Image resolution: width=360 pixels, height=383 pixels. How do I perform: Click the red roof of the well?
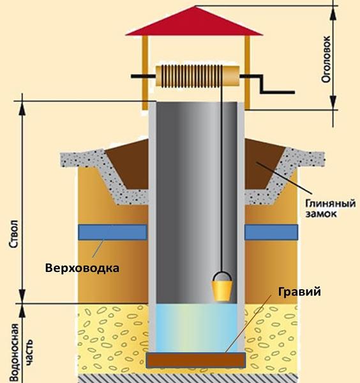(x=195, y=22)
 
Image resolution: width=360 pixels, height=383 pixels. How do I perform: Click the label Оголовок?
(x=326, y=59)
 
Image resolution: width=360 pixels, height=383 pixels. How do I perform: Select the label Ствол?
(x=14, y=234)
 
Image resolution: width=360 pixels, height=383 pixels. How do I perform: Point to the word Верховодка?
(x=82, y=268)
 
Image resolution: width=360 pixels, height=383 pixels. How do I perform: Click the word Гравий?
(x=299, y=292)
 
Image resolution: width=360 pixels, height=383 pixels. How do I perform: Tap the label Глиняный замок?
(x=331, y=208)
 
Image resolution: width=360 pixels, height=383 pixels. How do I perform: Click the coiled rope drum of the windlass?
(x=197, y=76)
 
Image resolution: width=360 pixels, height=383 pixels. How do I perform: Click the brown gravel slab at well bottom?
(x=195, y=360)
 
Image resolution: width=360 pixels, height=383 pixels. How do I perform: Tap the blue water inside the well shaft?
(x=197, y=328)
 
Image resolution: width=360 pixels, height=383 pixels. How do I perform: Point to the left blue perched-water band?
(x=112, y=232)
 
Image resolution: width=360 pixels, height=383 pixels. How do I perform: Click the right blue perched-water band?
(x=271, y=232)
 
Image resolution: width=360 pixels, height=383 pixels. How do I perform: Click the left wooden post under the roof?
(x=145, y=73)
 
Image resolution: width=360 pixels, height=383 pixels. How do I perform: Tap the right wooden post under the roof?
(x=247, y=73)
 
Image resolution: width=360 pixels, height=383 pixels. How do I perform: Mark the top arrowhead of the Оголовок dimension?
(x=333, y=13)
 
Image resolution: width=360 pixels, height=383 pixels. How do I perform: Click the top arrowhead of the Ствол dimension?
(x=22, y=109)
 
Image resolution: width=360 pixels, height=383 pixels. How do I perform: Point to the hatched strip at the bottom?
(x=188, y=379)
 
